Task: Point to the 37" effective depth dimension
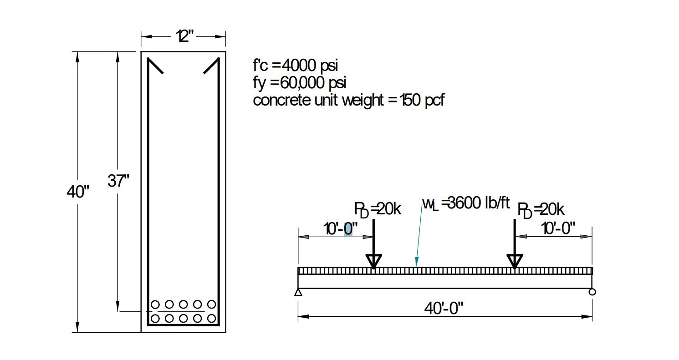[x=118, y=181]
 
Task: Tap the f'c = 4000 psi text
[x=296, y=66]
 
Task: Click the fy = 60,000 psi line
[x=299, y=83]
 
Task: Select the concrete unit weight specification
[x=348, y=100]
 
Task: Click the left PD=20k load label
[x=378, y=209]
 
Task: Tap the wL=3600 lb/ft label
[x=466, y=203]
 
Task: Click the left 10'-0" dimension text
[x=341, y=228]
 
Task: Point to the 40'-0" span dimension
[x=444, y=308]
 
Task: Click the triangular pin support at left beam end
[x=298, y=292]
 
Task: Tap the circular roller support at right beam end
[x=592, y=292]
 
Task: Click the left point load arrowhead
[x=374, y=261]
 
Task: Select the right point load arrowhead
[x=515, y=261]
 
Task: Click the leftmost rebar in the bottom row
[x=155, y=319]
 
